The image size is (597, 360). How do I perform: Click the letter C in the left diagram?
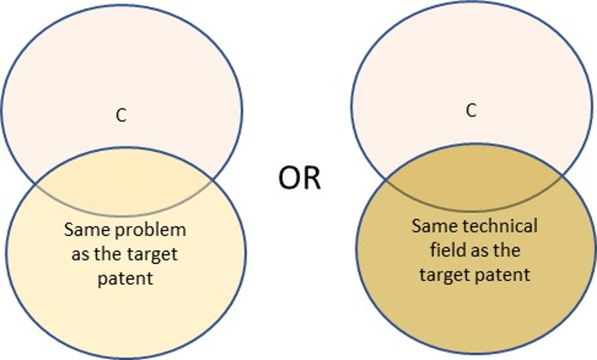121,115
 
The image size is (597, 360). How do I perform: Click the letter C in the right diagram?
471,111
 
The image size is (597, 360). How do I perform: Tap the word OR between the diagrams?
299,178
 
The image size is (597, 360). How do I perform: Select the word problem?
150,230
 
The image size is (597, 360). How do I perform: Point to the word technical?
500,226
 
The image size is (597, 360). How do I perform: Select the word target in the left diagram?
152,255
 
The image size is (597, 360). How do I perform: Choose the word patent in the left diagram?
126,279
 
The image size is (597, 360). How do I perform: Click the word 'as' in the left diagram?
80,255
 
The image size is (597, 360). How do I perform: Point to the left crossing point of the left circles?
36,184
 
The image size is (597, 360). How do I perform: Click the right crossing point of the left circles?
212,180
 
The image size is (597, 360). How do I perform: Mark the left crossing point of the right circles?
386,179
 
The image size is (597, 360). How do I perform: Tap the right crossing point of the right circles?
561,175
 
